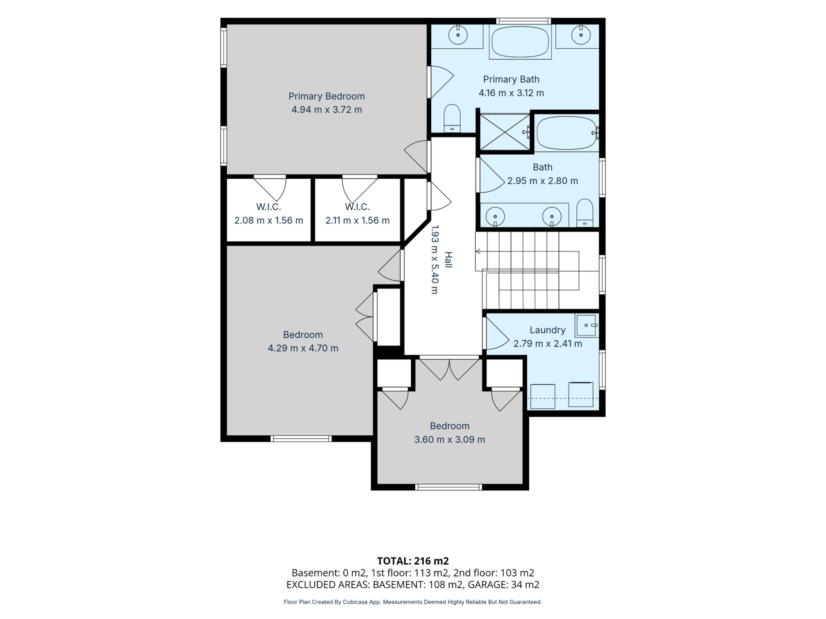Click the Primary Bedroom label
[x=326, y=96]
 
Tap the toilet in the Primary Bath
[x=452, y=118]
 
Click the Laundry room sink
[x=587, y=325]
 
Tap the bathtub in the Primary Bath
[x=520, y=41]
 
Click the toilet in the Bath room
[x=585, y=213]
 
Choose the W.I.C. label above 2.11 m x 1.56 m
[x=357, y=207]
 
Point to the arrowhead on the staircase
[x=478, y=251]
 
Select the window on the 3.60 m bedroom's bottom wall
[x=448, y=487]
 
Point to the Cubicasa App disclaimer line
[x=413, y=602]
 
